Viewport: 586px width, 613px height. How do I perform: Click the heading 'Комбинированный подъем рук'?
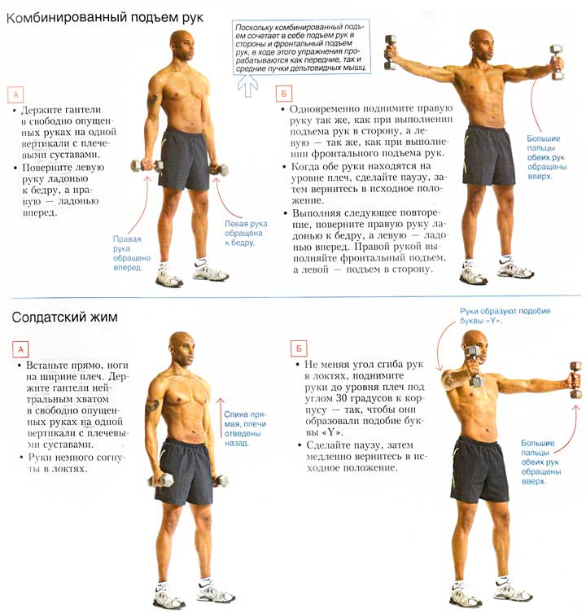click(x=105, y=18)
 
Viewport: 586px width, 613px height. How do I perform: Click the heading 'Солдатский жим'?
click(x=64, y=317)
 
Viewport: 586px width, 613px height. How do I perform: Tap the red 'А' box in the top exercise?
click(x=16, y=94)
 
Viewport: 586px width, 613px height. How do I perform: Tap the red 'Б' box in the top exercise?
click(x=284, y=94)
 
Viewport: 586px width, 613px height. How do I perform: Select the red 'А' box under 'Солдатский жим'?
click(x=20, y=349)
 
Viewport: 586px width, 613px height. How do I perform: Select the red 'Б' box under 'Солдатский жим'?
click(x=299, y=348)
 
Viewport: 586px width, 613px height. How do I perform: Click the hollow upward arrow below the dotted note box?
click(x=248, y=85)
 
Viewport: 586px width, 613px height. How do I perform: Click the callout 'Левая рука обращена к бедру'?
click(x=246, y=233)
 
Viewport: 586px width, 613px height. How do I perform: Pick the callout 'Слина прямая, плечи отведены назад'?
click(x=245, y=428)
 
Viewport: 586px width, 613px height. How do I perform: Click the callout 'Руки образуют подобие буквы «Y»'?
click(x=505, y=316)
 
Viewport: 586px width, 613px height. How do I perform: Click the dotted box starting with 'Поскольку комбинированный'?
click(x=300, y=47)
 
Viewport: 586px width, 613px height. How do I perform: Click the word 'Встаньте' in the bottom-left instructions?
click(x=46, y=366)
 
